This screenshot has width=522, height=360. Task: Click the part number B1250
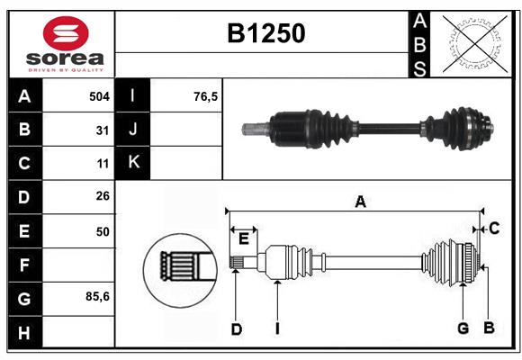pyautogui.click(x=265, y=33)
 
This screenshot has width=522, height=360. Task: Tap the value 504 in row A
pyautogui.click(x=99, y=95)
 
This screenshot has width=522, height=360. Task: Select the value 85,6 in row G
pyautogui.click(x=97, y=296)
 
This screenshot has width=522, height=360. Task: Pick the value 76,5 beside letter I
pyautogui.click(x=206, y=95)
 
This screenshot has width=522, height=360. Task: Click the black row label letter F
pyautogui.click(x=24, y=265)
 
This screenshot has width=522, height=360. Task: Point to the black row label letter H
pyautogui.click(x=24, y=333)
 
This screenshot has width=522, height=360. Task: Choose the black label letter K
pyautogui.click(x=134, y=163)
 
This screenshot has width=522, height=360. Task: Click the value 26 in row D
pyautogui.click(x=102, y=196)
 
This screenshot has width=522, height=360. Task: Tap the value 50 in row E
pyautogui.click(x=102, y=231)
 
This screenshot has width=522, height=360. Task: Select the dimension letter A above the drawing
pyautogui.click(x=360, y=202)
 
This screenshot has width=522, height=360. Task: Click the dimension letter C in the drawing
pyautogui.click(x=494, y=229)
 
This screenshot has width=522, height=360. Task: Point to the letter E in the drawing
pyautogui.click(x=243, y=238)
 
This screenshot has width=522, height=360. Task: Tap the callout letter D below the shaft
pyautogui.click(x=236, y=329)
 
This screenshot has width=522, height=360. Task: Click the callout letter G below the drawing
pyautogui.click(x=463, y=328)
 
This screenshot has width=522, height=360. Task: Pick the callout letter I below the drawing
pyautogui.click(x=277, y=329)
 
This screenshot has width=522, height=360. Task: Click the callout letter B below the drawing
pyautogui.click(x=489, y=328)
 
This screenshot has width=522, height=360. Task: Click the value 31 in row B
pyautogui.click(x=102, y=130)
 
